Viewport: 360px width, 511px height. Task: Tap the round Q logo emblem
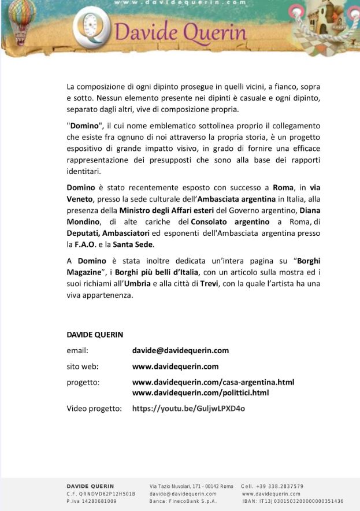click(92, 29)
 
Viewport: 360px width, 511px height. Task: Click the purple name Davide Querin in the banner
click(181, 32)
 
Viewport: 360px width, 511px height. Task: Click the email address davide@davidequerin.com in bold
click(180, 350)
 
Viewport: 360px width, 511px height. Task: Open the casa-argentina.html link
click(213, 382)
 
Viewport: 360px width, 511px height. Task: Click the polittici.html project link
click(201, 392)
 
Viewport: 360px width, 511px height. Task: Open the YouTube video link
click(188, 409)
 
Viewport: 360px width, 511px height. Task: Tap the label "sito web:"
click(83, 366)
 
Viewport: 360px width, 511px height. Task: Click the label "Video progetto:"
click(94, 409)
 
